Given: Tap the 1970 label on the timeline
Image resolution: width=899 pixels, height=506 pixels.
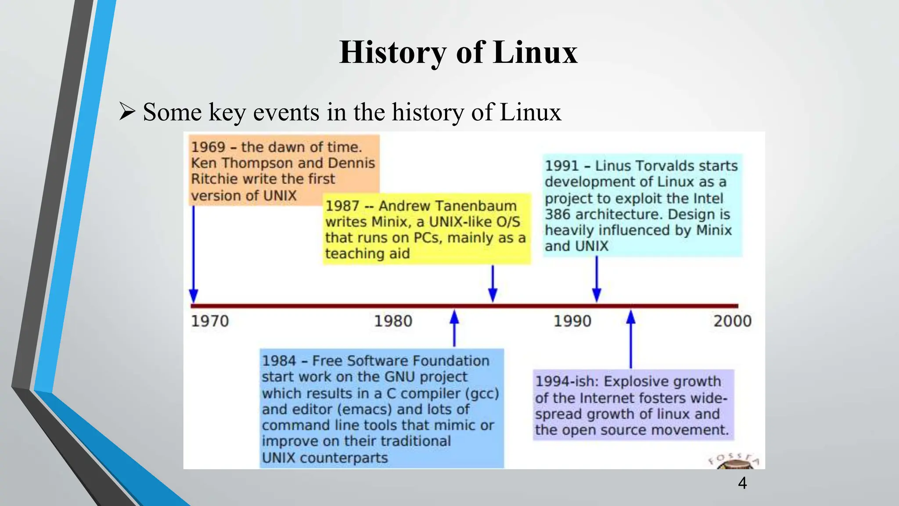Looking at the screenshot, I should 210,321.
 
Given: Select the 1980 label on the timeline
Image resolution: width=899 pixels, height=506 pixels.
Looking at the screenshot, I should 393,321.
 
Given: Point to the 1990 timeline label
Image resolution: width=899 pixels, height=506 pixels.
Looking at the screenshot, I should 572,321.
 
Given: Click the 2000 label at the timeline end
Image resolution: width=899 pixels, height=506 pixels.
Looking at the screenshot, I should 732,321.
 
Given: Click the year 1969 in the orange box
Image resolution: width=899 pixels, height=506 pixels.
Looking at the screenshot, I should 208,147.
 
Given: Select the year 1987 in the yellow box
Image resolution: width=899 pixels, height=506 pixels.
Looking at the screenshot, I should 342,206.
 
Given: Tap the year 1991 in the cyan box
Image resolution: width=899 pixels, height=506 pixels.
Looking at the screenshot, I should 562,166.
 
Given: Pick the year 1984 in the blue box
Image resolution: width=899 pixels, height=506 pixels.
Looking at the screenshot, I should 279,361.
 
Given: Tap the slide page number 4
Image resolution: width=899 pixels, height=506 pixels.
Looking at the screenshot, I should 742,483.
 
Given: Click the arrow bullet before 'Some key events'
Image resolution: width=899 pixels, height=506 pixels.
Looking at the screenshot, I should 127,112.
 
